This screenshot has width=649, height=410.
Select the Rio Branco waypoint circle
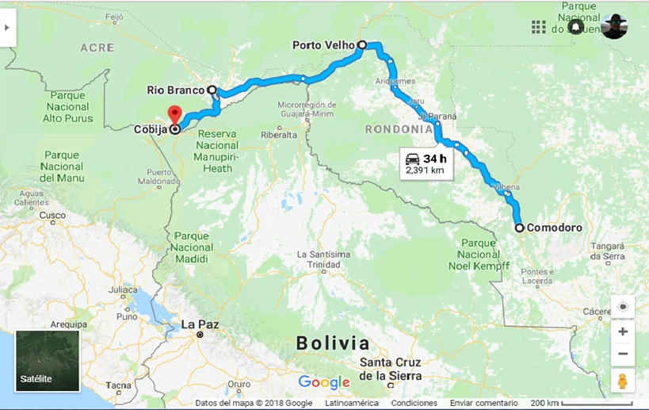212,90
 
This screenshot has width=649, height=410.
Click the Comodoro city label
555,228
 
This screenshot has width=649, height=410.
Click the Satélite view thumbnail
48,361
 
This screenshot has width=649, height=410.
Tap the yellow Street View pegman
622,381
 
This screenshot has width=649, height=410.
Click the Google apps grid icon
539,27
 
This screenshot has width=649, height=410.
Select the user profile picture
613,27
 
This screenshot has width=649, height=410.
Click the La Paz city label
199,324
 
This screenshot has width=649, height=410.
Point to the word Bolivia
333,343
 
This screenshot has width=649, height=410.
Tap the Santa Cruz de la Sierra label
390,369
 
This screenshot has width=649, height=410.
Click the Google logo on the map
324,382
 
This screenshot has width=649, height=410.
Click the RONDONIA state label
399,128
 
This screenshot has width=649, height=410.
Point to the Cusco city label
53,215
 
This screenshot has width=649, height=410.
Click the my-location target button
623,307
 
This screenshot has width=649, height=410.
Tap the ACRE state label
97,48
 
